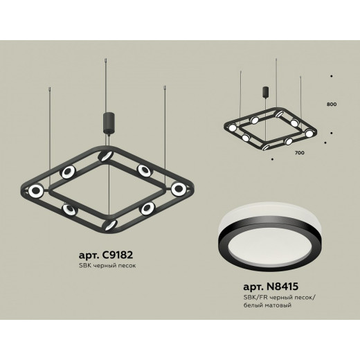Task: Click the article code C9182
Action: pos(117,255)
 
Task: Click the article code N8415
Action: pos(282,287)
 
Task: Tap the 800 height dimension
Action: pos(332,105)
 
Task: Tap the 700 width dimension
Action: pos(299,153)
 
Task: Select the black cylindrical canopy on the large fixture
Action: pos(108,123)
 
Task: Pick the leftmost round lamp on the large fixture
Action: pos(36,190)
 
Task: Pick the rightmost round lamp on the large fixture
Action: pos(179,189)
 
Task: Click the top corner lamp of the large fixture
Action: pos(105,156)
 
